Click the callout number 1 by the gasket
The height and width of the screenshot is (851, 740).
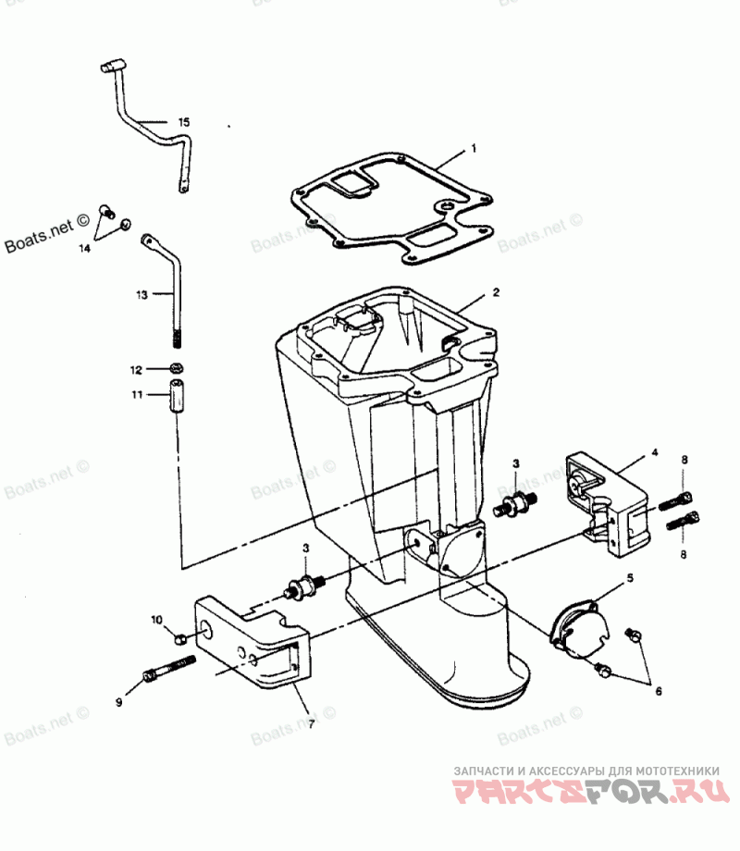click(474, 148)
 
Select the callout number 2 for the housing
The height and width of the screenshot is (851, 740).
click(496, 292)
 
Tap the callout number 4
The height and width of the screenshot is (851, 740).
click(654, 453)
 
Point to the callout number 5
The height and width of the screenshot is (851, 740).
click(630, 578)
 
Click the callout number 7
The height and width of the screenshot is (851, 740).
click(310, 724)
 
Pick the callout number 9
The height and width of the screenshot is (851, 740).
click(119, 703)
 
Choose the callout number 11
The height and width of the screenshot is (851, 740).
click(136, 396)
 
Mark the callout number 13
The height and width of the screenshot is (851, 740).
click(142, 295)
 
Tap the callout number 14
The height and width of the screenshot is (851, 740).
click(85, 248)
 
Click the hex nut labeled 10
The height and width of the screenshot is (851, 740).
click(180, 637)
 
